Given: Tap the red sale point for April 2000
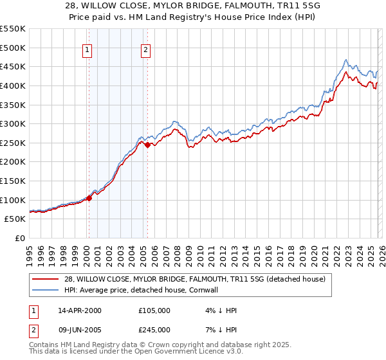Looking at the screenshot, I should click(x=89, y=198).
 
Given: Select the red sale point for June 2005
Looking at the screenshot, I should click(x=147, y=145).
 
